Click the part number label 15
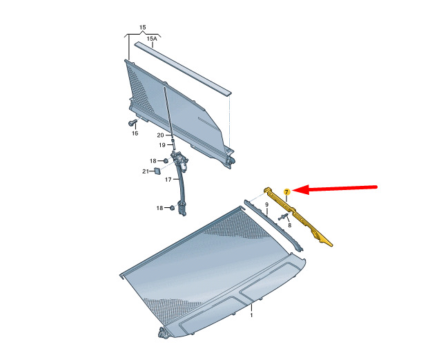pos(142,28)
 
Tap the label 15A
pos(152,39)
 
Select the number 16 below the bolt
pos(135,133)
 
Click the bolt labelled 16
pos(132,122)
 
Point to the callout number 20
pos(160,135)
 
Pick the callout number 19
pos(162,145)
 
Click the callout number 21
pos(146,171)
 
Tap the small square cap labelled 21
pos(157,170)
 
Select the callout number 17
pos(168,180)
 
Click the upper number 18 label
pos(153,161)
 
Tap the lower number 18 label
pos(159,208)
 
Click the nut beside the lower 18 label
pos(172,208)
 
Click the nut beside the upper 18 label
pos(165,161)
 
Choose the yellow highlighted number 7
pos(286,192)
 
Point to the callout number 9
pos(267,205)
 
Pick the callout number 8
pos(289,225)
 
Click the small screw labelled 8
pos(283,217)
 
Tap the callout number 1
pos(251,315)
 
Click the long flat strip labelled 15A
pos(183,68)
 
